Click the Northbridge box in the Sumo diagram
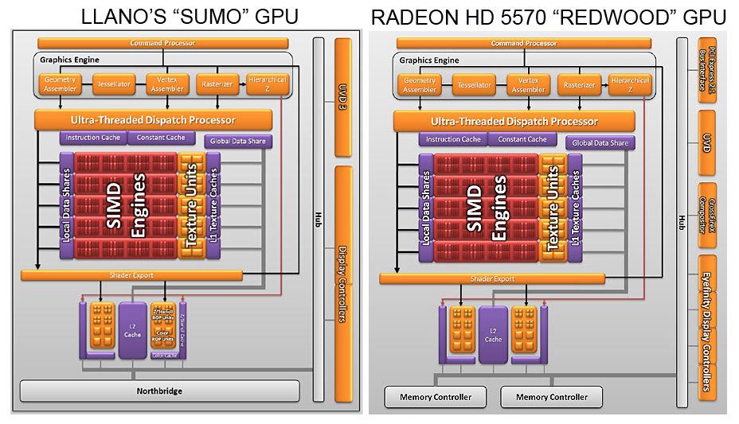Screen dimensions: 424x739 pyautogui.click(x=159, y=391)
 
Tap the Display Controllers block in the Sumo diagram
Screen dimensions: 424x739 pyautogui.click(x=343, y=282)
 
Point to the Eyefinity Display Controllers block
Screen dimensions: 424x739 pyautogui.click(x=706, y=327)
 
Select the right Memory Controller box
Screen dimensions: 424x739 pyautogui.click(x=552, y=396)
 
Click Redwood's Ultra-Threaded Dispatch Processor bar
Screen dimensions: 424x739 pyautogui.click(x=514, y=122)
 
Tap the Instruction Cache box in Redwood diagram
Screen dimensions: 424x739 pyautogui.click(x=452, y=139)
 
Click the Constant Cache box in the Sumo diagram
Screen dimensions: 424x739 pyautogui.click(x=161, y=138)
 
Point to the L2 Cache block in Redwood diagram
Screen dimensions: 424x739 pyautogui.click(x=493, y=334)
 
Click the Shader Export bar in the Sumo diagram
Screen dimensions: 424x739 pyautogui.click(x=131, y=275)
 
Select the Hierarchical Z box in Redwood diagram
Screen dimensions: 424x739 pyautogui.click(x=630, y=84)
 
